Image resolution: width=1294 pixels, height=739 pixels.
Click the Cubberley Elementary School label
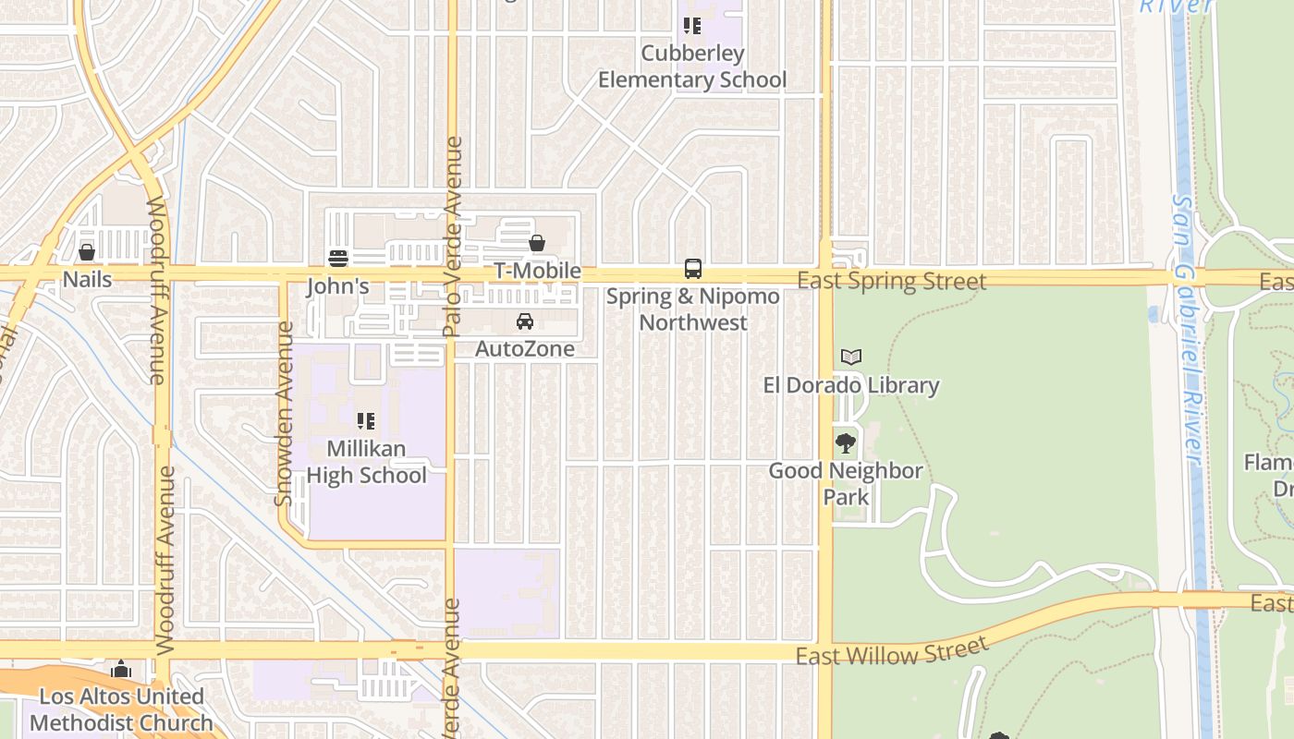[x=692, y=67]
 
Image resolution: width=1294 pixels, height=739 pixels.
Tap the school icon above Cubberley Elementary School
[x=692, y=26]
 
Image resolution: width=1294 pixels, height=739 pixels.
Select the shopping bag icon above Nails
[x=87, y=251]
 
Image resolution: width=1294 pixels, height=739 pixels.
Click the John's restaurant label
[x=337, y=286]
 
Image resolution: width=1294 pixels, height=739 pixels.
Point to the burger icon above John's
[x=338, y=258]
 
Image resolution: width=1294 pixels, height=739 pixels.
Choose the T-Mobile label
[x=537, y=271]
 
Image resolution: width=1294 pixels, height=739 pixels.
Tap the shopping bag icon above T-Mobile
[x=537, y=243]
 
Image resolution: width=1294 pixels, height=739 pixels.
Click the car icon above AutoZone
[x=525, y=321]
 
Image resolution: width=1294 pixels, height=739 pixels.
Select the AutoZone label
[x=525, y=348]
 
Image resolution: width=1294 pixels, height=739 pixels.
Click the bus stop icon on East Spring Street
[x=692, y=269]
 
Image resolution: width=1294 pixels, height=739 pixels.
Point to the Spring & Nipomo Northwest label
[x=692, y=309]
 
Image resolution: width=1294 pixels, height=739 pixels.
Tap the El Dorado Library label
[x=851, y=385]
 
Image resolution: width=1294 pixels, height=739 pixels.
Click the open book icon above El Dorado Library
[x=851, y=357]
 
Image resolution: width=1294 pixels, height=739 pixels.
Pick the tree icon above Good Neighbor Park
[x=845, y=443]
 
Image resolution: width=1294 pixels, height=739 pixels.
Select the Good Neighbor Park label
[x=846, y=483]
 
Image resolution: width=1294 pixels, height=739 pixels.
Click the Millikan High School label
[x=366, y=462]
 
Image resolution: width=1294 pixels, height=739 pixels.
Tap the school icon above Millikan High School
[x=366, y=421]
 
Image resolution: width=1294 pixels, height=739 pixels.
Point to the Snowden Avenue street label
[x=285, y=413]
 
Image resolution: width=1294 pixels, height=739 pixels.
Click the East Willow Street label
[x=891, y=653]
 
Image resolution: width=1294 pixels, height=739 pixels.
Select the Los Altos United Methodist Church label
[x=120, y=709]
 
